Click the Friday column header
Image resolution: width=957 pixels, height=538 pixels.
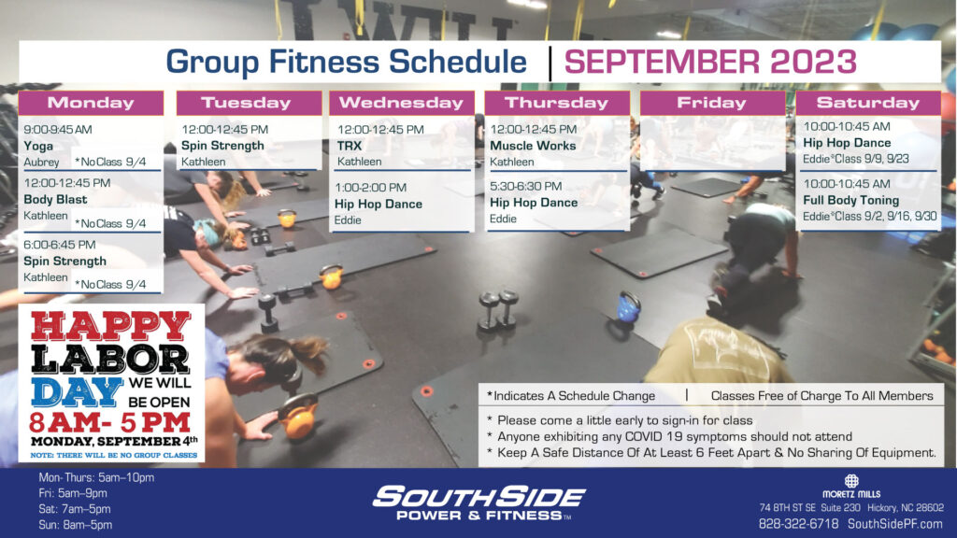[x=712, y=103]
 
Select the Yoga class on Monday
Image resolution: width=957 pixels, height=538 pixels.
[x=38, y=146]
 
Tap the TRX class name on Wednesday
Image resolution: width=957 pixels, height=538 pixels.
[x=350, y=146]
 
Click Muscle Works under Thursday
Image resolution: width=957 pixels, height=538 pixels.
[x=533, y=146]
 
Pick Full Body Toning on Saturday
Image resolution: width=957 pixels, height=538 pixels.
[x=850, y=200]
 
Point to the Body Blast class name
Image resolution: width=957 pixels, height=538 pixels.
[x=55, y=200]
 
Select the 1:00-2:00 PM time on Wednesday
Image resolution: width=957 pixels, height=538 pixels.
[x=370, y=187]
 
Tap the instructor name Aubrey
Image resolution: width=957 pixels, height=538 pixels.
[x=41, y=163]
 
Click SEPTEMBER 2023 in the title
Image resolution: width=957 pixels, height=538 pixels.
[x=710, y=62]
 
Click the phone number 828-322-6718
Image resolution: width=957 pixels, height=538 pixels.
[x=798, y=524]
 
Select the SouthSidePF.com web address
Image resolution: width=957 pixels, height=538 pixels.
[x=895, y=524]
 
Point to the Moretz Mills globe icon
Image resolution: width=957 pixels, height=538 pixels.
[x=851, y=481]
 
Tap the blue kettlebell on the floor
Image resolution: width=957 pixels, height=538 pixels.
[x=628, y=306]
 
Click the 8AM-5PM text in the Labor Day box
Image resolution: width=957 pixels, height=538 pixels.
[x=110, y=422]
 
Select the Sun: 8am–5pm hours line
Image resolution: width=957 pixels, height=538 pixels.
[x=75, y=525]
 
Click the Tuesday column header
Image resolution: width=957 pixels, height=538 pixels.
[x=249, y=103]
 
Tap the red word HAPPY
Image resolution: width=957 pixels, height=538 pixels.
[x=110, y=325]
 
